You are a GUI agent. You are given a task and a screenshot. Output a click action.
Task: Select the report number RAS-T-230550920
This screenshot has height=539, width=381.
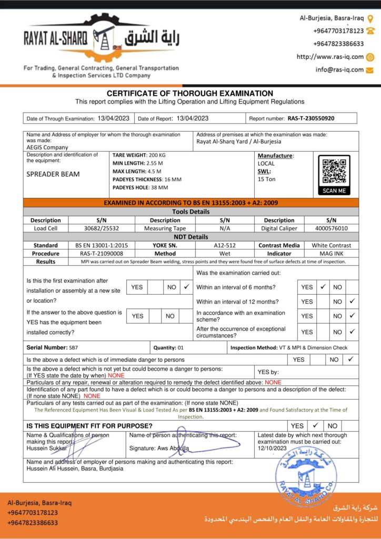[314, 118]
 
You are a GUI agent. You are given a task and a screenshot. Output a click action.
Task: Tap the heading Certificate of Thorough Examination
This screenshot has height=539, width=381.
[190, 93]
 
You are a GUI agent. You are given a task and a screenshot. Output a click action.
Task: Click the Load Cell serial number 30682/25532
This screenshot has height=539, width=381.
[102, 228]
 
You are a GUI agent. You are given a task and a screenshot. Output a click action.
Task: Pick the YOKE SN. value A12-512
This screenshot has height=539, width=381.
[225, 245]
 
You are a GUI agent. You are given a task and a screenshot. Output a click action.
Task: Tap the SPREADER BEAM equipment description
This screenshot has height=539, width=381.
[53, 174]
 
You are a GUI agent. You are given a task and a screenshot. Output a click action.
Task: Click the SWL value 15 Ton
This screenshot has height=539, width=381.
[267, 179]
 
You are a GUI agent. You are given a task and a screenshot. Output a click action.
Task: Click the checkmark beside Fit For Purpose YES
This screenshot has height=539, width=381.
[315, 425]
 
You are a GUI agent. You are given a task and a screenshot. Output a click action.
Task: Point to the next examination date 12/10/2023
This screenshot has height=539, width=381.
[272, 448]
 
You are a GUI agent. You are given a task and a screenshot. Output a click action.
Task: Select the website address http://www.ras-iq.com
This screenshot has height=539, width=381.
[330, 57]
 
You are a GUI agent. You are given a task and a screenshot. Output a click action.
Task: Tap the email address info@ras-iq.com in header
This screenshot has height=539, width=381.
[339, 69]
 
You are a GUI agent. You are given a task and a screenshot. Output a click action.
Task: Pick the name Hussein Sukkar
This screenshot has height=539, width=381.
[47, 448]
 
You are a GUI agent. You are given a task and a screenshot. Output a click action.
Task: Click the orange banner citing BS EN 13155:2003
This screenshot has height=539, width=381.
[190, 203]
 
